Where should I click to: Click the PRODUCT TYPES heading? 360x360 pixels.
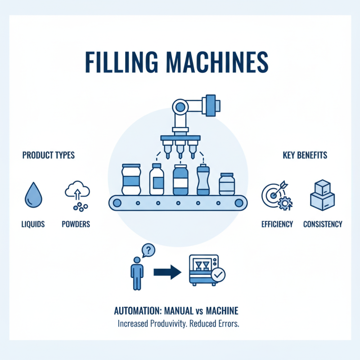(x=48, y=155)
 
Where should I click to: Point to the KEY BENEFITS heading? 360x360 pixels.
(x=305, y=155)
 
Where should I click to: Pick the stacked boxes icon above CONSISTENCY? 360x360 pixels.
(x=322, y=194)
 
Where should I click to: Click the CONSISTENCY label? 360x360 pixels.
(x=323, y=224)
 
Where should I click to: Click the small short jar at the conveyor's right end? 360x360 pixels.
(x=227, y=184)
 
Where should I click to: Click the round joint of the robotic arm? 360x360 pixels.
(x=181, y=107)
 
